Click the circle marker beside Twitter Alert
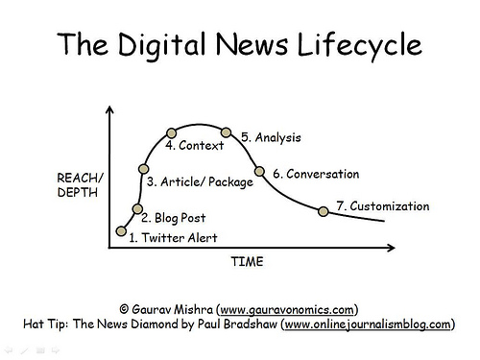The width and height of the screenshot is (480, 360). coord(121,230)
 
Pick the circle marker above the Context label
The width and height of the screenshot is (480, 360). coord(172,132)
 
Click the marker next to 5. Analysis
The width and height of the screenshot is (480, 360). coord(227,132)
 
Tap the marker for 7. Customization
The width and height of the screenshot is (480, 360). coord(324,211)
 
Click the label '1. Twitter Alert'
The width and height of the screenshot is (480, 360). coord(173,237)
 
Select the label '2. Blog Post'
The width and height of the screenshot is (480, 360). coord(173,218)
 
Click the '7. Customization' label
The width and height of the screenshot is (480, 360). coord(382,205)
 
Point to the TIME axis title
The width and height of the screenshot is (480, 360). coord(248,261)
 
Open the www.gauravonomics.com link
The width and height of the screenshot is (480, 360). coord(288,309)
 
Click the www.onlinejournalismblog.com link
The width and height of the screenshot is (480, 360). coord(369,324)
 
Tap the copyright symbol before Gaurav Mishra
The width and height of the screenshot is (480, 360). coord(124,309)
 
